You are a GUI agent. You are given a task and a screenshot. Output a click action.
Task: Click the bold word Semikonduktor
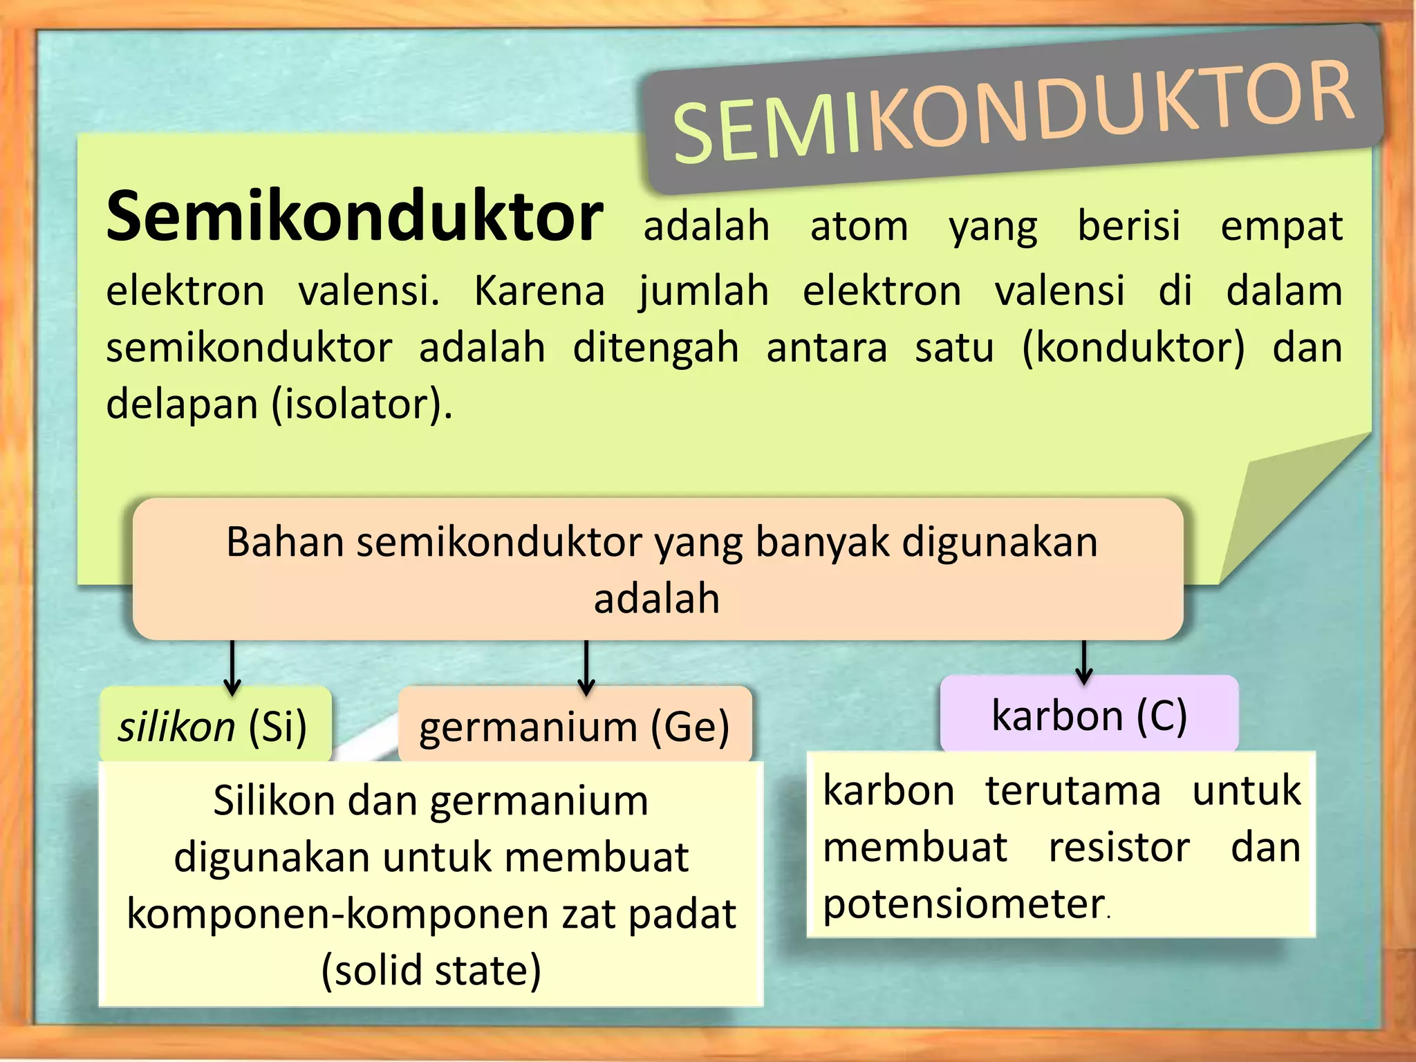tap(355, 217)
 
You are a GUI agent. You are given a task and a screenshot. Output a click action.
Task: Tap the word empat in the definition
tap(1281, 226)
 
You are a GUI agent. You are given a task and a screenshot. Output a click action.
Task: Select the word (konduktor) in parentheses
tap(1133, 347)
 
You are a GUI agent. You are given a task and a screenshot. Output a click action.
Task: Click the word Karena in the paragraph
tap(539, 290)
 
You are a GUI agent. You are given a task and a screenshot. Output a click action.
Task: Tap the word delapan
tap(182, 404)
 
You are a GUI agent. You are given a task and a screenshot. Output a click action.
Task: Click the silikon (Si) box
tap(214, 726)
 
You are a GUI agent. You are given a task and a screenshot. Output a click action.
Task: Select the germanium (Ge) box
tap(575, 726)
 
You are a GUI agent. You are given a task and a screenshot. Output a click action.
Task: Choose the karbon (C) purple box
tap(1089, 715)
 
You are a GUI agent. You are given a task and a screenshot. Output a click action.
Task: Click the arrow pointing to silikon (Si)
tap(232, 667)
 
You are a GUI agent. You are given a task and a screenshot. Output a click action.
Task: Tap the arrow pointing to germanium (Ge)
tap(586, 667)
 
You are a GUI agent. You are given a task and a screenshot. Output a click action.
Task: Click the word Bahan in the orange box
tap(286, 541)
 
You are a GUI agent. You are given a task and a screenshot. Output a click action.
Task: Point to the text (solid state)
tap(431, 969)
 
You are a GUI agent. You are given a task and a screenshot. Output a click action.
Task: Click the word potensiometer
tap(964, 904)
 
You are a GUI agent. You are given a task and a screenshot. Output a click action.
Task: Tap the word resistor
tap(1119, 847)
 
